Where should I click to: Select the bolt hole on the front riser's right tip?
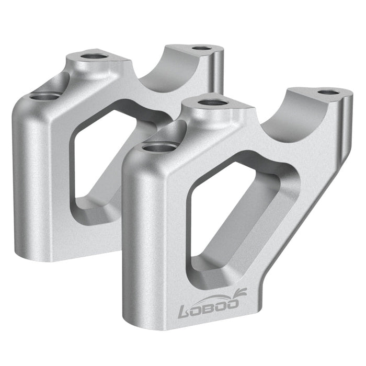pyautogui.click(x=327, y=93)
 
